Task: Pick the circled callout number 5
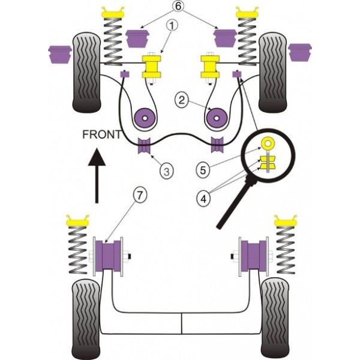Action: (x=203, y=170)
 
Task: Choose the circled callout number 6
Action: (x=179, y=8)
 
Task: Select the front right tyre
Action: (x=272, y=72)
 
